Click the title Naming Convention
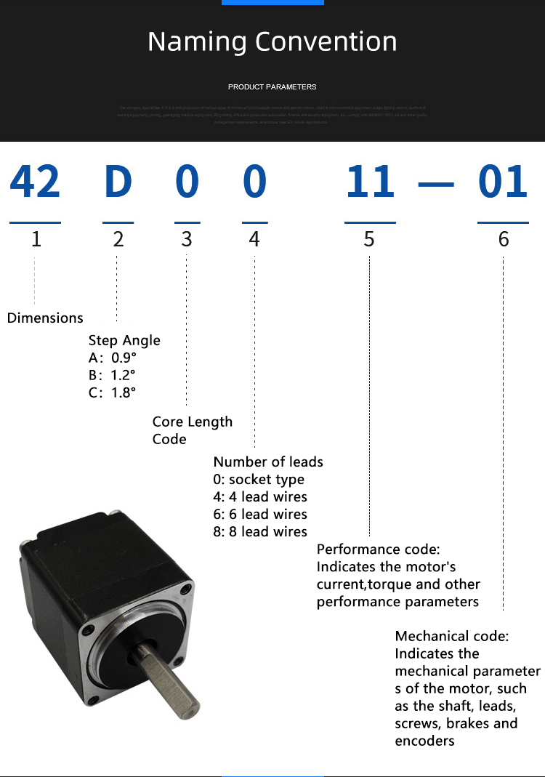pos(272,41)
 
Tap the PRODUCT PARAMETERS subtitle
pos(272,87)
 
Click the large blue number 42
pos(35,182)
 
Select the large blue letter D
pos(118,182)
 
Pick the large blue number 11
pos(370,182)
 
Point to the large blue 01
pos(503,182)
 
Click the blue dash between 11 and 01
pos(436,185)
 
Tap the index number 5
pos(369,239)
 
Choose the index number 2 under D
pos(118,239)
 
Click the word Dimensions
pos(45,318)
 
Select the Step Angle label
pos(124,340)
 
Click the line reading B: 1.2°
pos(112,375)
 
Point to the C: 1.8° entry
pos(112,392)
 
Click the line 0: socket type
pos(259,479)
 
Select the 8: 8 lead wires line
pos(260,531)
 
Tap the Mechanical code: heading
pos(452,636)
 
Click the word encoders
pos(424,741)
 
